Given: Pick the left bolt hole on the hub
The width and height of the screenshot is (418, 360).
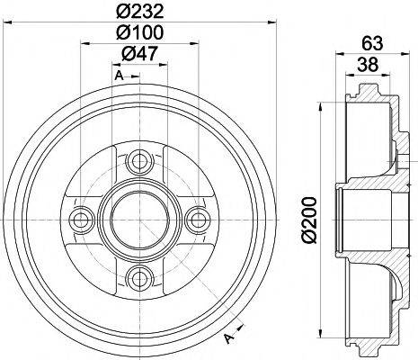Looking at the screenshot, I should pyautogui.click(x=82, y=219).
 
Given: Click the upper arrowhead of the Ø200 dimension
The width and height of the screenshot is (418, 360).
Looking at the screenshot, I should pyautogui.click(x=322, y=106).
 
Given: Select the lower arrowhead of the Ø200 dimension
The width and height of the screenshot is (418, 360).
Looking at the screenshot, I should pyautogui.click(x=322, y=334).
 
